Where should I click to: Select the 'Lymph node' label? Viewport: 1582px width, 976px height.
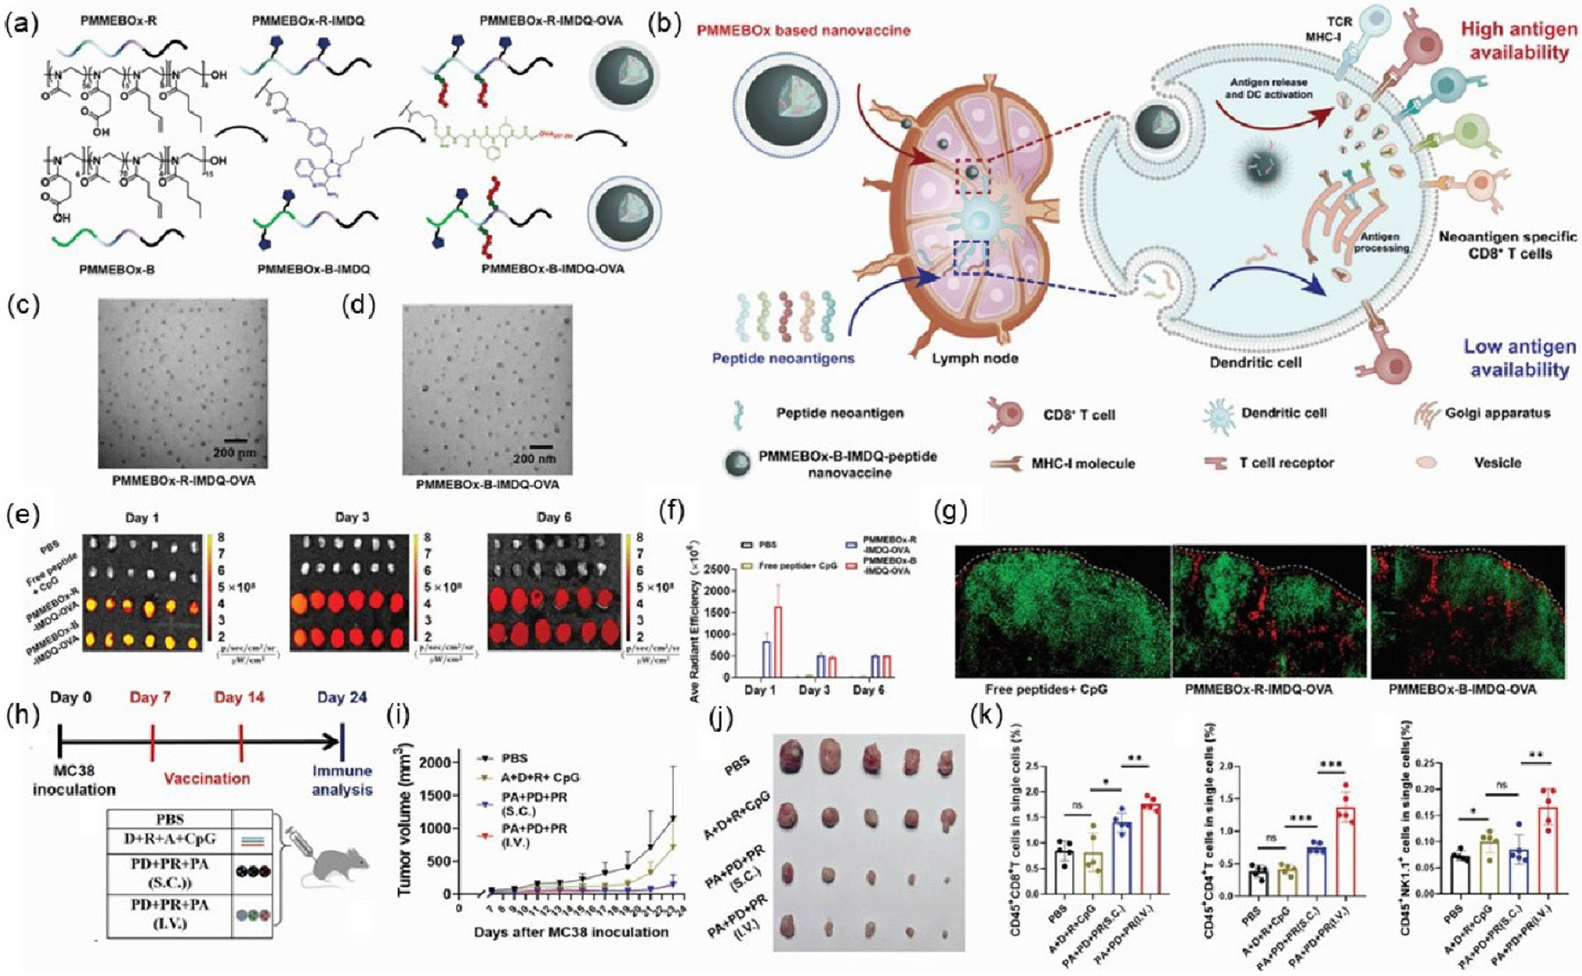click(974, 358)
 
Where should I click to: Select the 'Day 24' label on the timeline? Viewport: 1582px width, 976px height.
click(343, 698)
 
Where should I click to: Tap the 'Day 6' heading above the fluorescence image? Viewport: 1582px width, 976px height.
click(554, 517)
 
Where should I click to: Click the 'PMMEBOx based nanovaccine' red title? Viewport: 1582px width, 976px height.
click(803, 31)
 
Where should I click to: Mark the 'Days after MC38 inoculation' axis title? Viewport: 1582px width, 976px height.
click(571, 932)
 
